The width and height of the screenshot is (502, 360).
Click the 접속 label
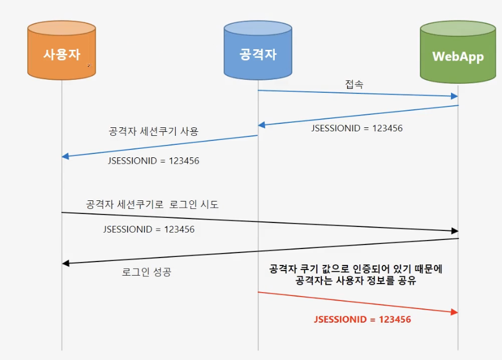(354, 84)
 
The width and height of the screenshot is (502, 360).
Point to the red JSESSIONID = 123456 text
(362, 319)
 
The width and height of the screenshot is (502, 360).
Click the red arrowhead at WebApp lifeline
(454, 312)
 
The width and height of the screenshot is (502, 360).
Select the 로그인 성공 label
(146, 272)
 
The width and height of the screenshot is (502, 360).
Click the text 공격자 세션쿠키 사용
(153, 131)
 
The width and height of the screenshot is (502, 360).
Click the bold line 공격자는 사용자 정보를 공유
(355, 281)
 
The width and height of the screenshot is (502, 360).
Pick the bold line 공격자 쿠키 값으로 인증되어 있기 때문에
(355, 269)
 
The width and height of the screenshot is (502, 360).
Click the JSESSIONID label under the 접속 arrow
(357, 128)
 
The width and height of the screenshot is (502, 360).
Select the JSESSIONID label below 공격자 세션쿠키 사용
(153, 161)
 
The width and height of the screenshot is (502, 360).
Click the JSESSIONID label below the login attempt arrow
(148, 229)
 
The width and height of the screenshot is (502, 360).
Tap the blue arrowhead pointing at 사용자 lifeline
(66, 156)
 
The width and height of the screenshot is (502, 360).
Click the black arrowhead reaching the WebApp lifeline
(454, 231)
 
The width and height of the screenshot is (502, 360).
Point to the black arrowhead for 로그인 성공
(66, 263)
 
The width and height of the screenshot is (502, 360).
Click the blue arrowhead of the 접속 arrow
(454, 96)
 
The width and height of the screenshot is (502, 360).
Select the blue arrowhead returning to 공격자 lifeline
(262, 125)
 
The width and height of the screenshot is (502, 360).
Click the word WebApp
(458, 57)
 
